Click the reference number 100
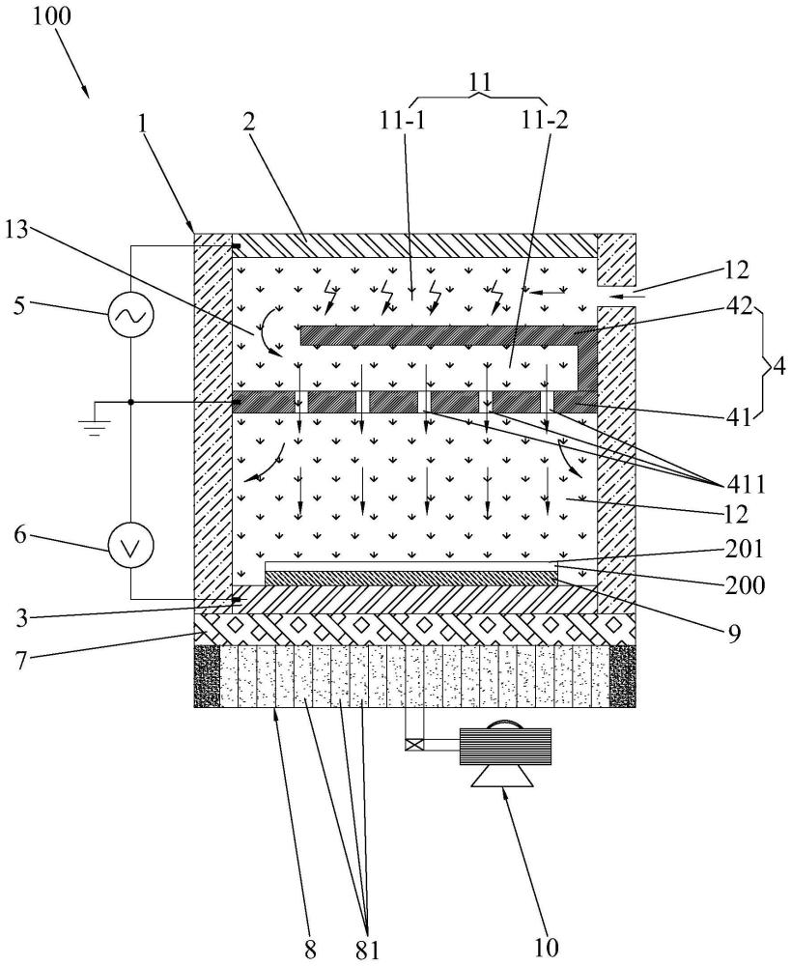coord(52,16)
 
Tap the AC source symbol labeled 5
coord(131,316)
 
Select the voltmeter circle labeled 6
coord(131,544)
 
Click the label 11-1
coord(403,120)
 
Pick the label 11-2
coord(545,120)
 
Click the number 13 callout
coord(16,232)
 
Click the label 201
coord(745,549)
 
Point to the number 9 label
coord(733,634)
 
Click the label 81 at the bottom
coord(368,950)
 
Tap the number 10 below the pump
coord(546,948)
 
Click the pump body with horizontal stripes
coord(505,746)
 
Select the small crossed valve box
coord(414,744)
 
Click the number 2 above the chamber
coord(248,123)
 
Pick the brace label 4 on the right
coord(778,367)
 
